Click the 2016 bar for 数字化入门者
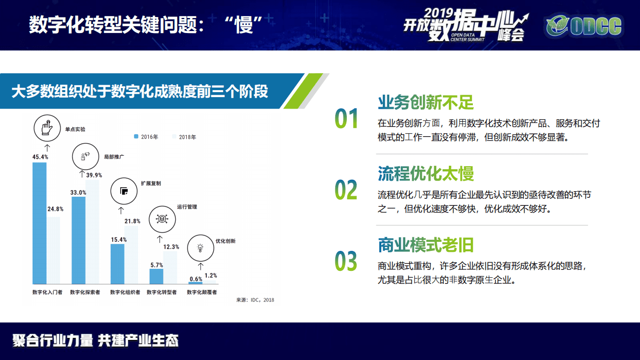pos(40,223)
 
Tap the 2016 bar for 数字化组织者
pos(118,264)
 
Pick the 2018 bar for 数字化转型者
pos(170,267)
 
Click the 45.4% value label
pos(40,157)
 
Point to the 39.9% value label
pos(94,175)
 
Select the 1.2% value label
pos(211,275)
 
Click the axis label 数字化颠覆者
pos(202,292)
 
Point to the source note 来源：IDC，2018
pos(255,300)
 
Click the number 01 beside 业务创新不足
pos(346,119)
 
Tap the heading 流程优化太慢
pos(426,174)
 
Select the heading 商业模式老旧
pos(426,245)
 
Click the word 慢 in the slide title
pos(245,25)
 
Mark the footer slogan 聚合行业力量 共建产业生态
pos(96,341)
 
